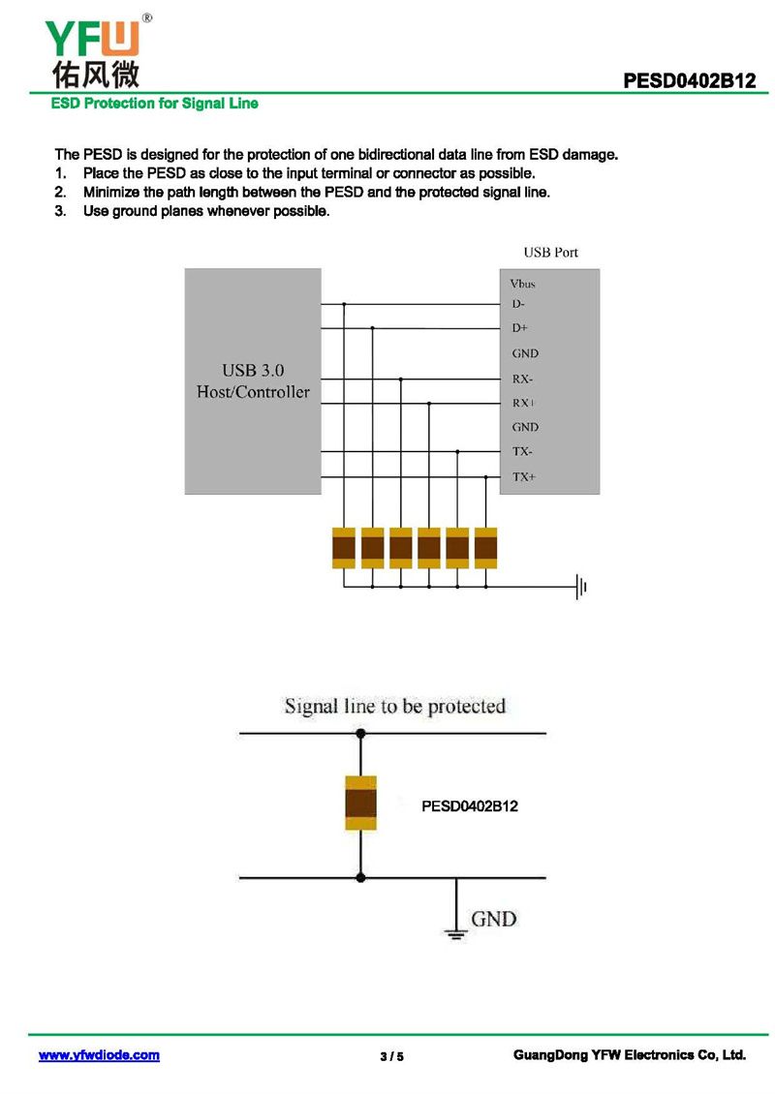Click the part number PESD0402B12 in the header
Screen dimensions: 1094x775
click(x=689, y=82)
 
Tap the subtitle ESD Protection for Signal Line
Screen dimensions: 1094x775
click(x=155, y=104)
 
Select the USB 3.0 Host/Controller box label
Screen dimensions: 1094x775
click(x=253, y=381)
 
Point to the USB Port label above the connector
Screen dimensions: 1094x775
click(x=550, y=252)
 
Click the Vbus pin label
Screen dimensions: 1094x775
click(x=522, y=284)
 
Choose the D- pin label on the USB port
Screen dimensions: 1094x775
click(x=519, y=304)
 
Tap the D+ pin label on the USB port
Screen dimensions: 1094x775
click(x=520, y=328)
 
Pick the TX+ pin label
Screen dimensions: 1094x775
click(x=524, y=476)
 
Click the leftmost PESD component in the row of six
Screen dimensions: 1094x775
click(x=344, y=548)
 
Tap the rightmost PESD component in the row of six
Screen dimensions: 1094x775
click(x=485, y=548)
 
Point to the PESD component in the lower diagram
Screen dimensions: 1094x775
click(x=361, y=804)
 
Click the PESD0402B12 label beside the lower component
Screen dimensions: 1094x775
click(x=470, y=805)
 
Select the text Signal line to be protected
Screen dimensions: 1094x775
click(x=395, y=706)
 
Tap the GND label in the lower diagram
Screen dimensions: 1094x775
click(x=493, y=918)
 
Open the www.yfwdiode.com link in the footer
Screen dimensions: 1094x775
click(x=99, y=1055)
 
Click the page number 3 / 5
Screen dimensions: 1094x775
click(x=391, y=1056)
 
